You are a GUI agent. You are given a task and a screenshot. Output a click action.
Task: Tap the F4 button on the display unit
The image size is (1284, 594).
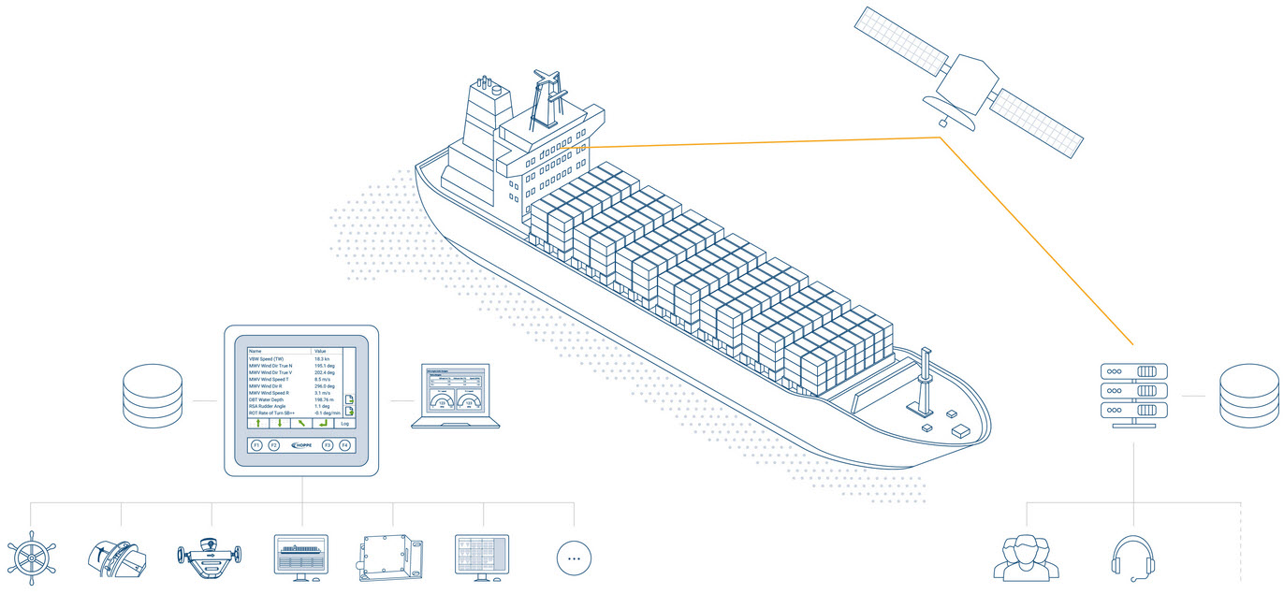[x=344, y=446]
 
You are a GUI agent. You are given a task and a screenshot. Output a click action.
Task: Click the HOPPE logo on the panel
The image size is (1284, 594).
[x=302, y=446]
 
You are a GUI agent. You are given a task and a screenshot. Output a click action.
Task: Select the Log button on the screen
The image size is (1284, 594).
[x=344, y=424]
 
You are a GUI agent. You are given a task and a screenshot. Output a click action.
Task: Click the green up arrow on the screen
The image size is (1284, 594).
[x=257, y=424]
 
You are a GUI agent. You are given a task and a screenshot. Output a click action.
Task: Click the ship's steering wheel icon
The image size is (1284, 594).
[x=32, y=558]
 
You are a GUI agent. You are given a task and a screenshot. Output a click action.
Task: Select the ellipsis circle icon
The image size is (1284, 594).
[x=575, y=558]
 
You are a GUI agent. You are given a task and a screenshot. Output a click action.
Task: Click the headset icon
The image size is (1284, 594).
[x=1134, y=558]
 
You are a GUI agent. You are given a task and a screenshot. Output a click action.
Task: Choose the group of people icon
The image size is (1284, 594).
[x=1027, y=558]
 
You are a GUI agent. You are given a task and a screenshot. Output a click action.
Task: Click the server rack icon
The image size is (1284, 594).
[x=1134, y=392]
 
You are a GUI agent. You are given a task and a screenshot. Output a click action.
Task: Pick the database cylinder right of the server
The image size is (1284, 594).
[x=1248, y=396]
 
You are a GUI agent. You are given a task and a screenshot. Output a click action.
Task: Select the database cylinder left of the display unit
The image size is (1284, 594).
[x=153, y=396]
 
